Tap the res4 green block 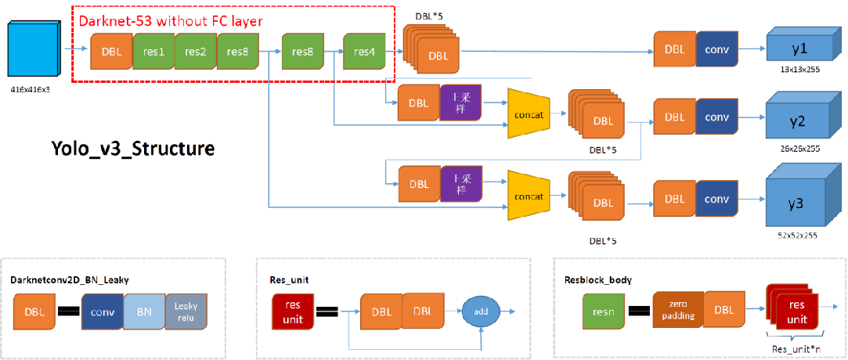click(x=364, y=52)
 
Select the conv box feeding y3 click(x=716, y=200)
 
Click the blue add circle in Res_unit click(x=481, y=311)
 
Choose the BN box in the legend click(x=143, y=311)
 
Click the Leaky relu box click(x=186, y=311)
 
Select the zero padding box click(x=677, y=311)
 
